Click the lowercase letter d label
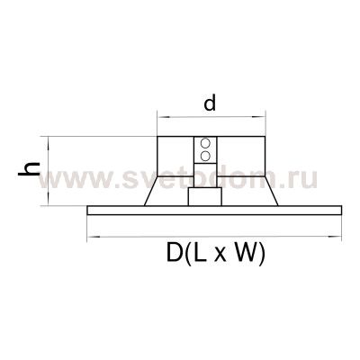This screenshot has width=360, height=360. pos(210,103)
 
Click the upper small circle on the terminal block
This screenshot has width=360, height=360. pos(206,144)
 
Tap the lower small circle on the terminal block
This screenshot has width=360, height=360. pos(206,157)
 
